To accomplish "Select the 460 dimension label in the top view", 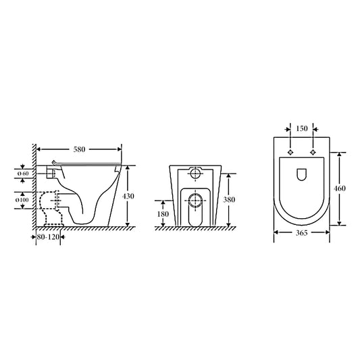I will click(340, 188).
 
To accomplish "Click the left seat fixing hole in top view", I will click(290, 152).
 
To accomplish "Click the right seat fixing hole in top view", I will click(313, 152).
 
